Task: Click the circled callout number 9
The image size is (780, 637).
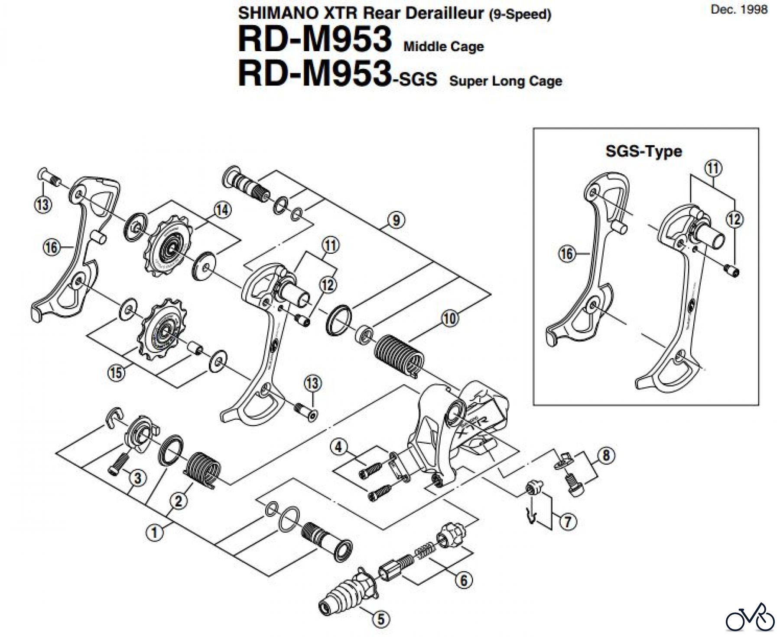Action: tap(396, 221)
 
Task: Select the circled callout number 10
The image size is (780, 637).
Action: tap(449, 319)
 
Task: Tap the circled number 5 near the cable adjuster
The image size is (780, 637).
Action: tap(381, 619)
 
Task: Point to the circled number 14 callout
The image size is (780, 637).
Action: tap(222, 211)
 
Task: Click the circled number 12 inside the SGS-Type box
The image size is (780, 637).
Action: tap(734, 220)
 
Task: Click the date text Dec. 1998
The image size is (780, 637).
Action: tap(739, 10)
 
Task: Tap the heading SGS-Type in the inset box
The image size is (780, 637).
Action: tap(643, 151)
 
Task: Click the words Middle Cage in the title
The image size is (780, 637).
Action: tap(443, 46)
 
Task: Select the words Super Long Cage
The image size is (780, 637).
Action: tap(505, 81)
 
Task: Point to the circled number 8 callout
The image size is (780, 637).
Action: tap(606, 455)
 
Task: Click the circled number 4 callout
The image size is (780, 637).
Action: tap(339, 447)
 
